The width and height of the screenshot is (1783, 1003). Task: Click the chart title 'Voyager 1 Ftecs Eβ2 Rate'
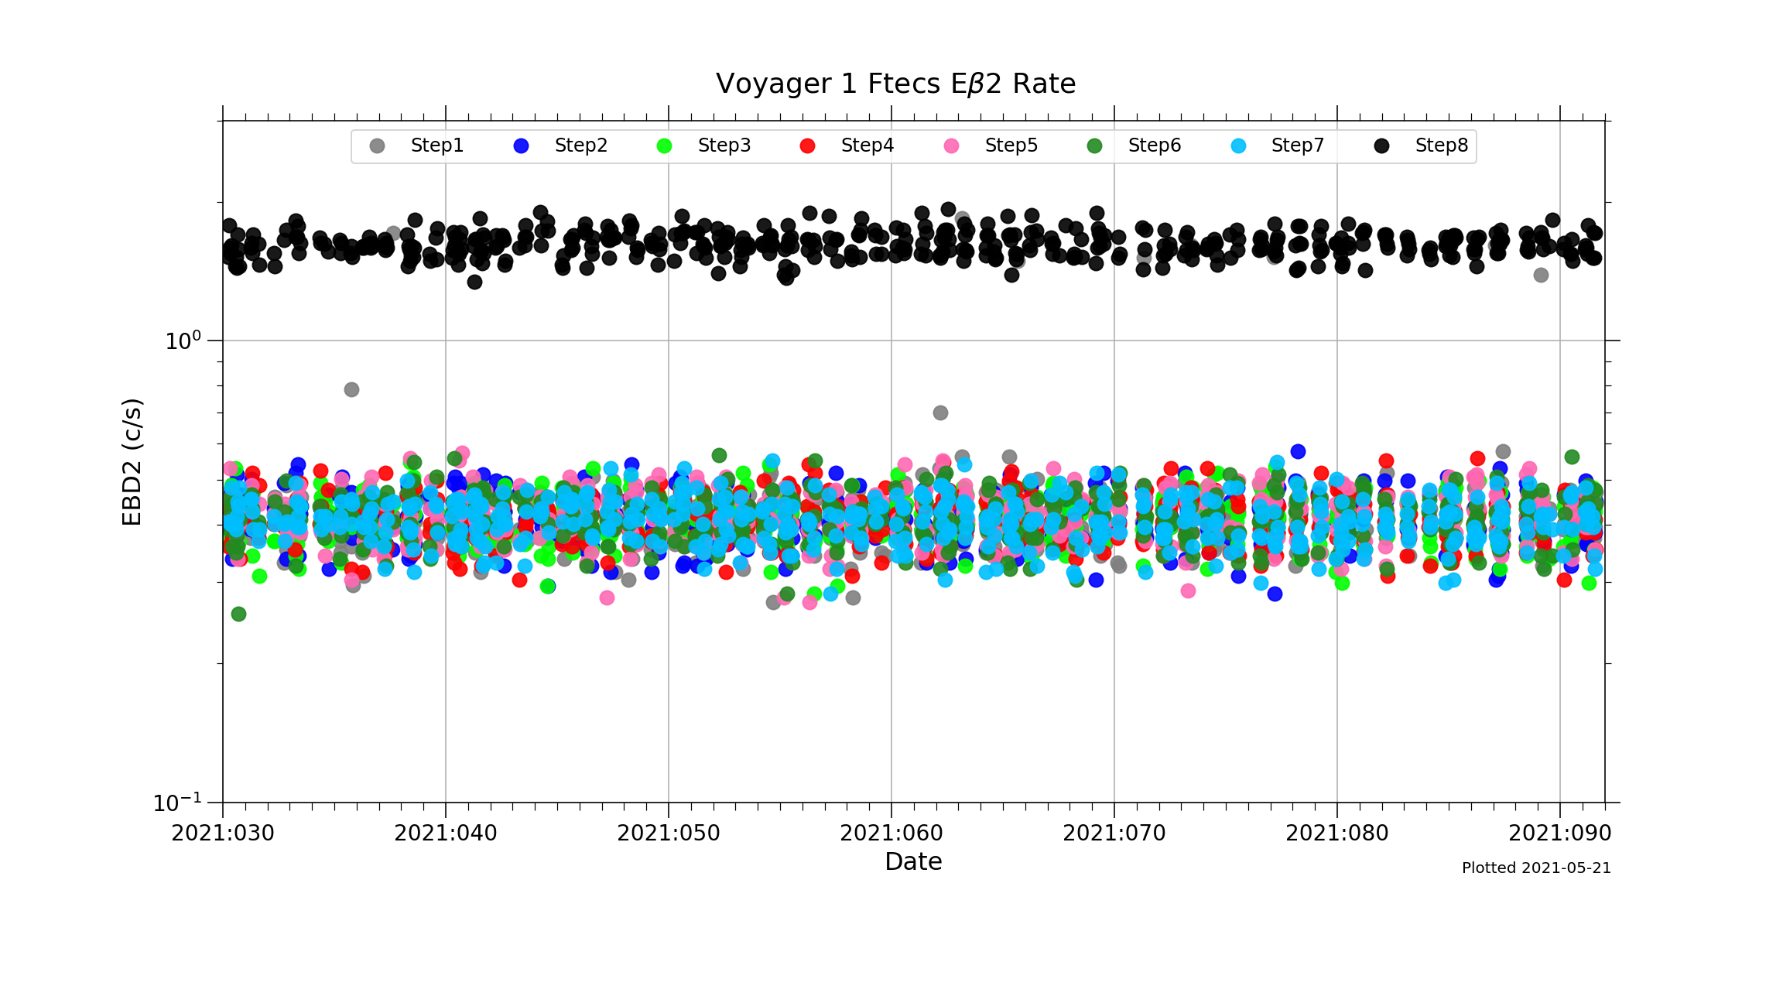(x=895, y=84)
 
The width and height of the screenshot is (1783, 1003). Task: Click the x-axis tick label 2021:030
(x=223, y=834)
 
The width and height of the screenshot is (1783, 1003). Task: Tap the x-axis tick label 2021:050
(x=669, y=834)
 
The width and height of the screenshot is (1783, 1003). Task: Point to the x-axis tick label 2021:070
(x=1114, y=834)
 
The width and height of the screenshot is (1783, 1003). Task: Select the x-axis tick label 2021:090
(x=1560, y=834)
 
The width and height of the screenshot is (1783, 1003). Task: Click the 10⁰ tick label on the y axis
(x=183, y=341)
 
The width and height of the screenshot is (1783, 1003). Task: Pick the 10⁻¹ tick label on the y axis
(x=177, y=803)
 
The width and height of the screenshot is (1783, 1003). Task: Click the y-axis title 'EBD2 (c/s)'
(x=132, y=462)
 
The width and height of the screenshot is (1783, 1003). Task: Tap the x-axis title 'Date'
(x=913, y=861)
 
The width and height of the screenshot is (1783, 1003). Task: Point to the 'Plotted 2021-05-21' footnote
(x=1536, y=868)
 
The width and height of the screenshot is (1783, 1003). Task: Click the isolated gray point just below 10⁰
(x=351, y=389)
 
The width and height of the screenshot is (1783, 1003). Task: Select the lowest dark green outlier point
(x=238, y=614)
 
